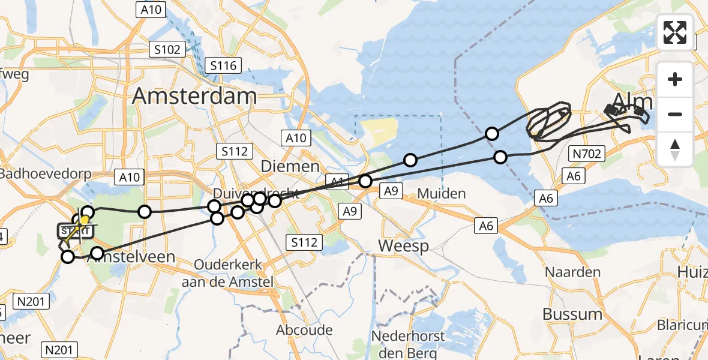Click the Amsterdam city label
tap(194, 96)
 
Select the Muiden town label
tap(442, 193)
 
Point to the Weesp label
tap(403, 246)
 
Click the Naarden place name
tap(572, 272)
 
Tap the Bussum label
tap(572, 314)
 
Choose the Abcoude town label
tap(304, 330)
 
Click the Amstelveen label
tap(133, 257)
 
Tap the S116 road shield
tap(223, 65)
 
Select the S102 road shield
tap(167, 49)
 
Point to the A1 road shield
tap(337, 179)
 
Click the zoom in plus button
tap(675, 79)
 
